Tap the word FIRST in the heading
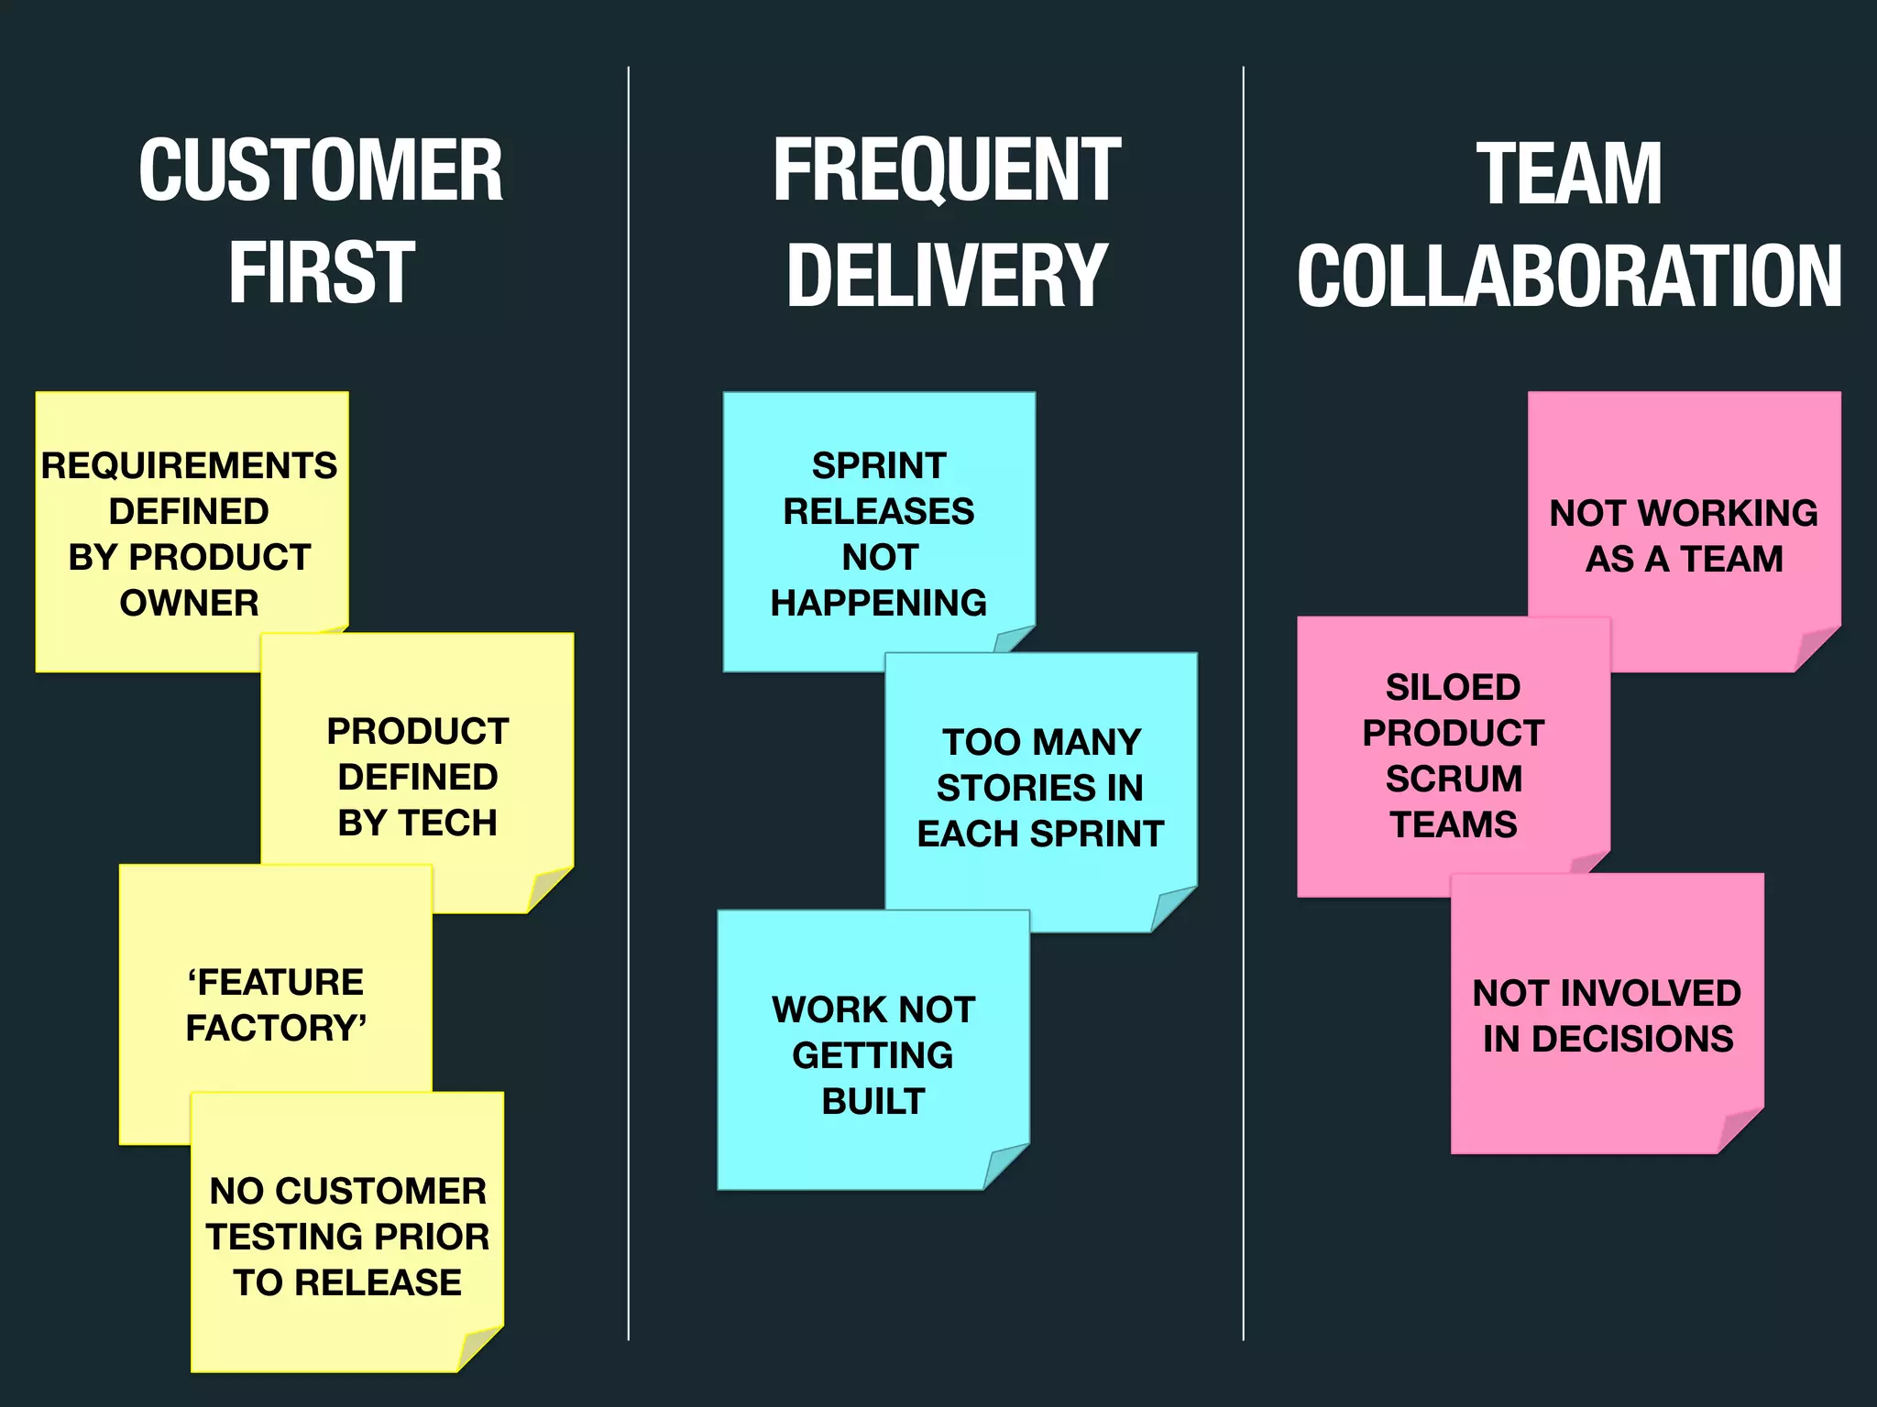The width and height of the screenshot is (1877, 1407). click(322, 272)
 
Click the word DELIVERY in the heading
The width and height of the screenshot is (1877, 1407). click(947, 275)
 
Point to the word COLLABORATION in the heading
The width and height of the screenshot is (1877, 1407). click(1568, 276)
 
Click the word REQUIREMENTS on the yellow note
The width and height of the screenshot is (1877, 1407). click(189, 465)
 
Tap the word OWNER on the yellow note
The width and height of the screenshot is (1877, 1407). click(189, 603)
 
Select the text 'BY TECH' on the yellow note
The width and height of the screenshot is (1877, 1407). click(417, 823)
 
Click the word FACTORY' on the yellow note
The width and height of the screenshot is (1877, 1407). click(276, 1028)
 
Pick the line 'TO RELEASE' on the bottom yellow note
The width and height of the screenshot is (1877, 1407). click(347, 1282)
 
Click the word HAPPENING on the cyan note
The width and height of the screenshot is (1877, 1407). click(878, 603)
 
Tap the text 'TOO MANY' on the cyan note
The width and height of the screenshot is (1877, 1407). click(1041, 742)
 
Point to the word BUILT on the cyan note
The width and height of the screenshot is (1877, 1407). click(873, 1101)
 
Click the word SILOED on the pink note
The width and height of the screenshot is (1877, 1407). click(1453, 687)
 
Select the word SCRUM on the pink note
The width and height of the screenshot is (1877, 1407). click(1454, 779)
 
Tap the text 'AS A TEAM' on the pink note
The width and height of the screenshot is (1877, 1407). click(1684, 559)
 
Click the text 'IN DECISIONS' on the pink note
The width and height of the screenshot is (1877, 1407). click(1608, 1039)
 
